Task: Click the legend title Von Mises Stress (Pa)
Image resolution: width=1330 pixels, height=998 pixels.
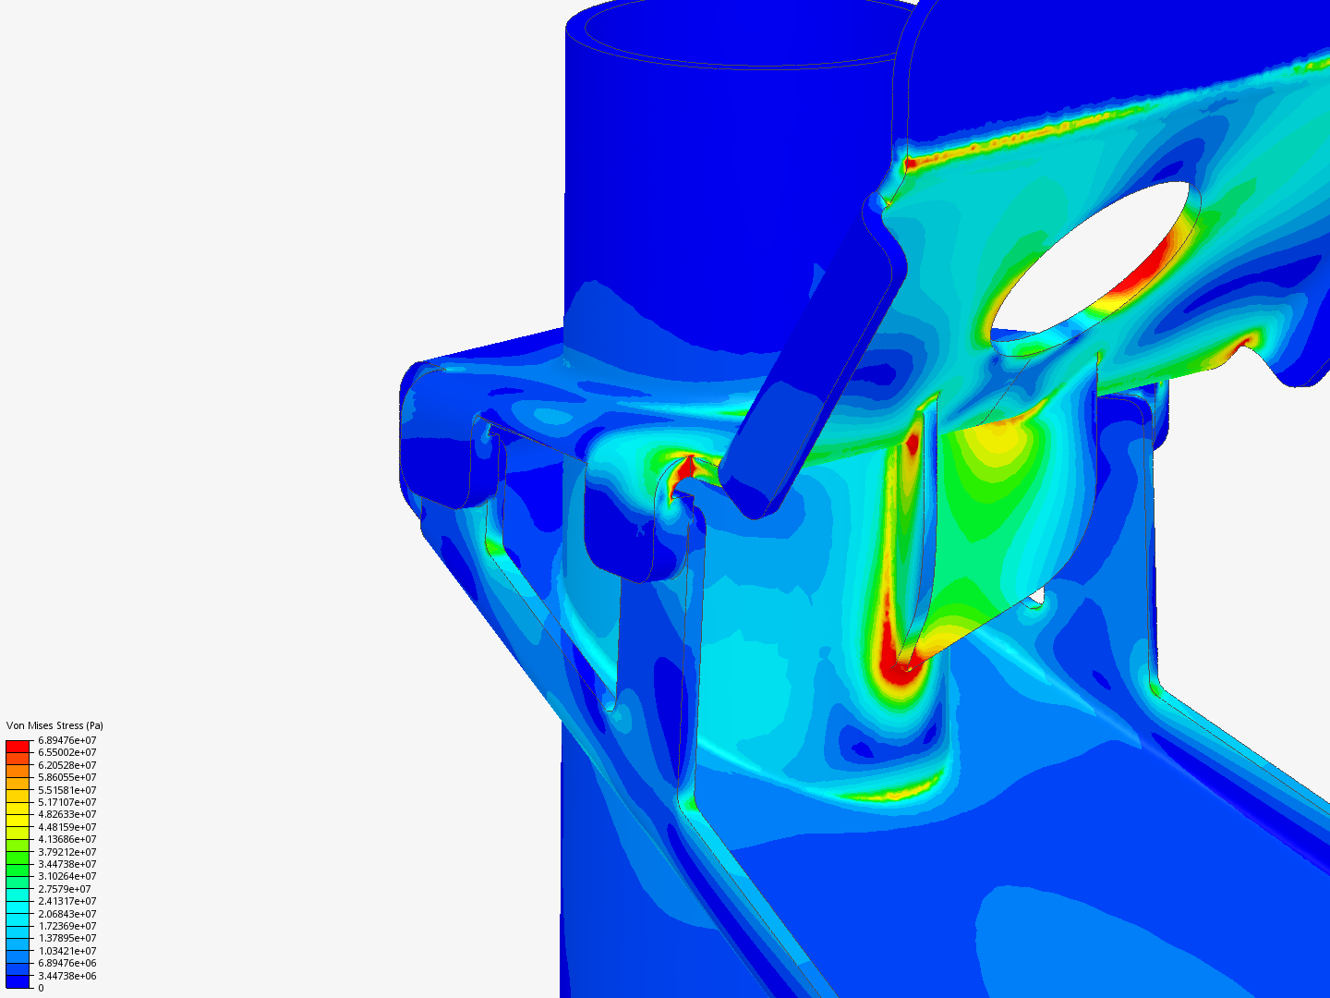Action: (54, 725)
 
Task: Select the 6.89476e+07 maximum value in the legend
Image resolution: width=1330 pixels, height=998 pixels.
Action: (67, 740)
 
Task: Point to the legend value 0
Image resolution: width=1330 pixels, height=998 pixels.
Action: (41, 988)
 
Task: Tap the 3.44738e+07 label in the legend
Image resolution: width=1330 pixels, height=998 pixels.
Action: (67, 864)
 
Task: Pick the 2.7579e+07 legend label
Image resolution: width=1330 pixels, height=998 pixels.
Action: (65, 889)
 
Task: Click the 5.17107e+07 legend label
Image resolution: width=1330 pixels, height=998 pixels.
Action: (67, 802)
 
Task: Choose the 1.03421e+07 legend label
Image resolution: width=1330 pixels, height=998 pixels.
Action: (67, 951)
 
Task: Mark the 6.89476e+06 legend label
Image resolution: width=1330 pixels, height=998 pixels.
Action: (67, 963)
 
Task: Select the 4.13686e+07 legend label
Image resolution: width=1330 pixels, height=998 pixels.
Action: (67, 839)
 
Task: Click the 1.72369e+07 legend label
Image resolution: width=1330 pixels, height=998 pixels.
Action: (67, 926)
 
